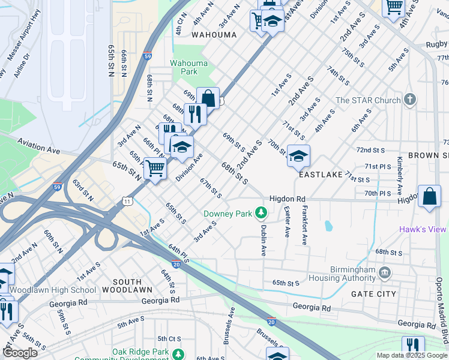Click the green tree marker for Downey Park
[261, 212]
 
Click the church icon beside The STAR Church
[410, 100]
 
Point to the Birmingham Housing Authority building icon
[385, 273]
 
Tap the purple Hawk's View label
[423, 230]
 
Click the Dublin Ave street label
[263, 239]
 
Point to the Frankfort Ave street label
[305, 226]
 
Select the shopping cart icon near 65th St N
[155, 168]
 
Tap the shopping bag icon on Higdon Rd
[429, 196]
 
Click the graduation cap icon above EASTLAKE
[298, 156]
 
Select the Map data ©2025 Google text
[412, 355]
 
